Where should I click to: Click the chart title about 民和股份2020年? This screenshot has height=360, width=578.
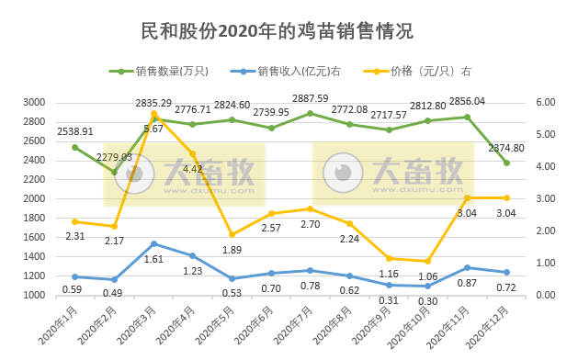tap(277, 30)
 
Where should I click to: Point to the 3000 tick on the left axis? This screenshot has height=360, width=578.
tap(61, 102)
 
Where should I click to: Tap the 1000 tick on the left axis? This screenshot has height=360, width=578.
tap(61, 296)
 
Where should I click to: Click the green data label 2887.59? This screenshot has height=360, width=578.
tap(311, 99)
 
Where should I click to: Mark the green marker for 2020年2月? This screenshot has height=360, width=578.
tap(115, 172)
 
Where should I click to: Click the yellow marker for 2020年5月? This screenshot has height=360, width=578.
tap(232, 234)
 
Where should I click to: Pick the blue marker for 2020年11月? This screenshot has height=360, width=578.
tap(468, 267)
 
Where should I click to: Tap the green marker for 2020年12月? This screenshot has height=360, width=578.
tap(506, 163)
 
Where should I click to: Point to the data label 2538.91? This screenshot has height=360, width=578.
tap(75, 132)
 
